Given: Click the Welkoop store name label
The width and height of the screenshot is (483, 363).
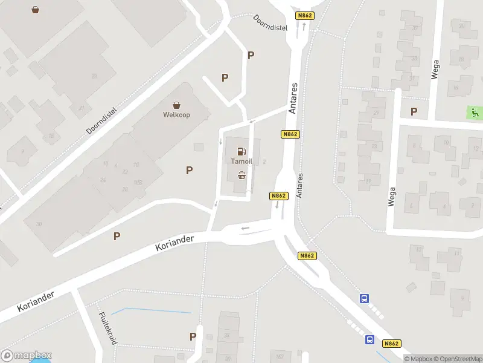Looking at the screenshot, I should (x=176, y=114).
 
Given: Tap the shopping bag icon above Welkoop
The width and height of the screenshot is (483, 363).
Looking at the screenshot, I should (x=176, y=105).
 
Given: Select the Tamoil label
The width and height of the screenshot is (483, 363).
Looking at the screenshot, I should (x=241, y=162).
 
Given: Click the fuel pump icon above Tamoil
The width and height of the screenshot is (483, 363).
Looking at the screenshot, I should (x=241, y=151).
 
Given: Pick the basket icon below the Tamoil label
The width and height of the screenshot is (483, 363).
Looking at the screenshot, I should (x=242, y=175).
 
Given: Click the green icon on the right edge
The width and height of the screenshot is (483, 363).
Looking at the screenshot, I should (x=475, y=112).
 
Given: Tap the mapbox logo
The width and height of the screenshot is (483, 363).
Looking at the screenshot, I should (x=27, y=356).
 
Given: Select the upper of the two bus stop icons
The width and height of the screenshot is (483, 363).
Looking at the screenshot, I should (x=365, y=298).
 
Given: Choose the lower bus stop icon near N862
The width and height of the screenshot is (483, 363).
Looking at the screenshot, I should (x=369, y=339).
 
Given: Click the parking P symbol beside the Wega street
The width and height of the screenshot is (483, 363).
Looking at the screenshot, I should (x=414, y=111).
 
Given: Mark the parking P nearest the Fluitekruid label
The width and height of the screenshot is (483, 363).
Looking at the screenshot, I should (x=193, y=336).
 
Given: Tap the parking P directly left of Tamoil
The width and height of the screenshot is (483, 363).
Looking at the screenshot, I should (x=189, y=171).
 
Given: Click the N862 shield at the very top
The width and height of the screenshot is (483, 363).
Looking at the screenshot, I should (x=304, y=15).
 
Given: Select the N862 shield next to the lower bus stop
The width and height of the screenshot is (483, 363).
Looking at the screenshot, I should (x=391, y=344).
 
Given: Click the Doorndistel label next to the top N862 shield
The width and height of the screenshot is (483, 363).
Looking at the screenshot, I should (x=270, y=24).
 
